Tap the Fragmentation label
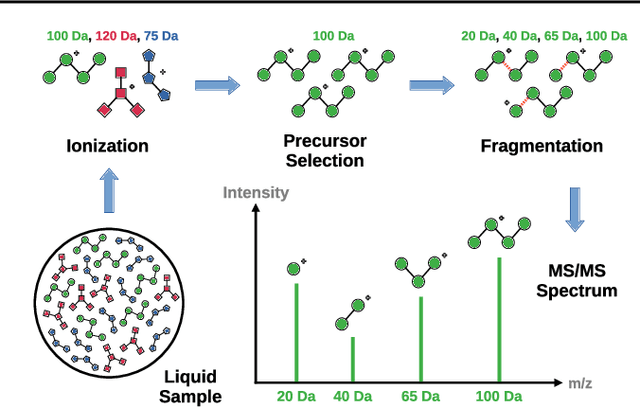(542, 146)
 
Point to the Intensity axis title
(256, 192)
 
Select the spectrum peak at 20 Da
(297, 332)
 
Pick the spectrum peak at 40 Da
(353, 359)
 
